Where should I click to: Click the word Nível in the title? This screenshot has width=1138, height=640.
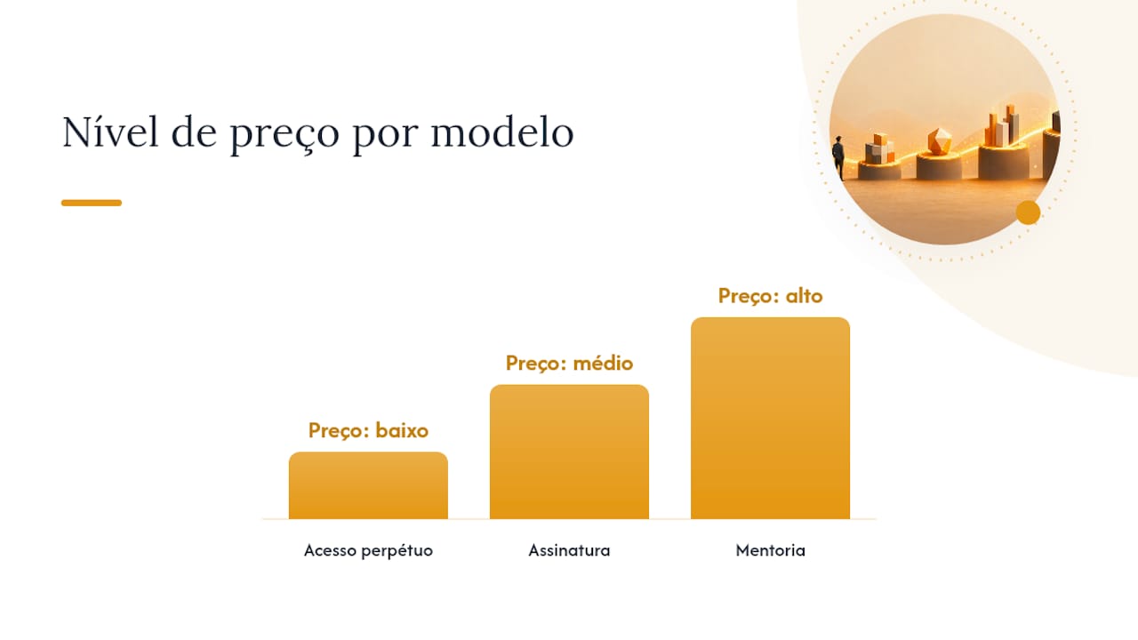[x=110, y=132]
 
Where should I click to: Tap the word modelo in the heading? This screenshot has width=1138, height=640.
[x=502, y=132]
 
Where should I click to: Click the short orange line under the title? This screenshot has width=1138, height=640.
[x=92, y=203]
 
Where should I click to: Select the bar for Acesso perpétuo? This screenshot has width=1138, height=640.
[x=368, y=485]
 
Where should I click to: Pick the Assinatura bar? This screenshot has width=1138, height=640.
[x=569, y=452]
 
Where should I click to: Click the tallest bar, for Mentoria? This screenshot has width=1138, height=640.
[x=770, y=419]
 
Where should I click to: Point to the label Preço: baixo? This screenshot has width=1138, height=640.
[x=368, y=431]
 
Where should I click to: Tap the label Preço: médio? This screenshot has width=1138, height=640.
[x=569, y=364]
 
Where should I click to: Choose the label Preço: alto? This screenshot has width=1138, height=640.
[x=770, y=296]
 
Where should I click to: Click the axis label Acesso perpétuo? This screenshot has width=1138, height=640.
[x=368, y=550]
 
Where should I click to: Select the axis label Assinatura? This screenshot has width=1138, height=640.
[x=569, y=550]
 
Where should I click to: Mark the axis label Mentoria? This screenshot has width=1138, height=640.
[x=770, y=550]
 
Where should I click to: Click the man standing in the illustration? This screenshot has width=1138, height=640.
[x=838, y=157]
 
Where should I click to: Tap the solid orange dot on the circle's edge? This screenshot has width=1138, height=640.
[x=1029, y=212]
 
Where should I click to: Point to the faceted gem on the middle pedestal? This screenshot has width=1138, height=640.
[x=940, y=140]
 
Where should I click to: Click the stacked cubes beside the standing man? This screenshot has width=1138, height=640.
[x=880, y=148]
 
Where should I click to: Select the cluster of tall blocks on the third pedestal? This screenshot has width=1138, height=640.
[x=1001, y=125]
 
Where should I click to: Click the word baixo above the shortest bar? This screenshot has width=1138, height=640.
[x=402, y=431]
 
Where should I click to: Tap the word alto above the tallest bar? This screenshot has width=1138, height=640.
[x=805, y=296]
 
